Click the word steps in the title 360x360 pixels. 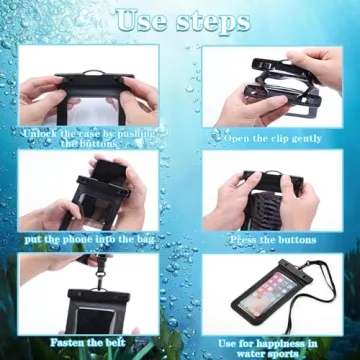pos(212,21)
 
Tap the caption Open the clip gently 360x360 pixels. pos(272,137)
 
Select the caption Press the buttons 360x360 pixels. pos(272,240)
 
